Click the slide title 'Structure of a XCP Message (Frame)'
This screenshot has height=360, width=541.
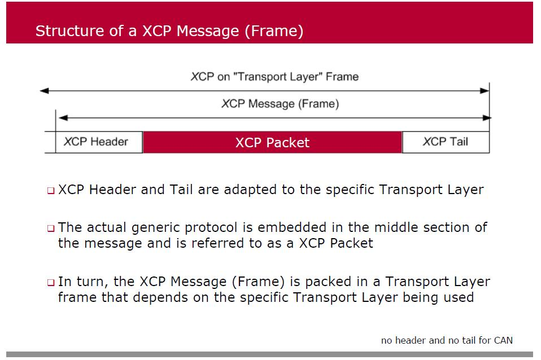point(169,30)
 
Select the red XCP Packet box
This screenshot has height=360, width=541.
point(272,142)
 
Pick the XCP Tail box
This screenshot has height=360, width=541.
point(445,142)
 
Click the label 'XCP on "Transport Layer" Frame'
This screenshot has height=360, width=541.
point(274,76)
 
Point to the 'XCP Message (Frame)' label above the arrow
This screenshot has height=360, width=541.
point(280,104)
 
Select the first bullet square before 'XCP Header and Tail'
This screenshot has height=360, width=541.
point(50,191)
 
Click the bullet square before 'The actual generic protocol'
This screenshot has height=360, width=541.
point(50,229)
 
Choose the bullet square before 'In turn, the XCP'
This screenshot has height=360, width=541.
point(50,282)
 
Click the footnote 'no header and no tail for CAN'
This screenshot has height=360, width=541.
point(447,340)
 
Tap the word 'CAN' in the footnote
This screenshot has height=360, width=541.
point(503,340)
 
